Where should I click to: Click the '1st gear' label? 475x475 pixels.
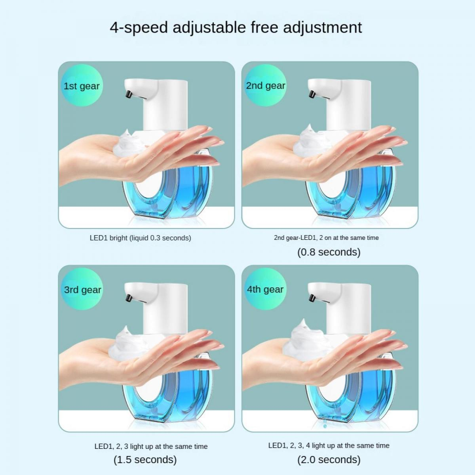pos(82,86)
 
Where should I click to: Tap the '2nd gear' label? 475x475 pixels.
pos(266,86)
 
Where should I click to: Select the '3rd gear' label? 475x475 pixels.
pos(83,290)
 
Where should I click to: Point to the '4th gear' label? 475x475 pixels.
pos(265,289)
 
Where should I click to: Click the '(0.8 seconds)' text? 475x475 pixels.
pos(329,252)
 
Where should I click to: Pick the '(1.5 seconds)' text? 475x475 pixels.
pos(145,460)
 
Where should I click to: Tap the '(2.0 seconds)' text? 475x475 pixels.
pos(329,460)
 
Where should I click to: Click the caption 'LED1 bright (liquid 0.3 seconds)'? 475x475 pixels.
pos(140,238)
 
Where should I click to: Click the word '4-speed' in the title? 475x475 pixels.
pos(139,28)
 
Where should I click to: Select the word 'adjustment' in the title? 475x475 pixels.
pos(323,27)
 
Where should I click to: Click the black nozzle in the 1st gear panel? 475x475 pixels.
pos(128,95)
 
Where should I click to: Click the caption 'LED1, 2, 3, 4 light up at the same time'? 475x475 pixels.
pos(329,445)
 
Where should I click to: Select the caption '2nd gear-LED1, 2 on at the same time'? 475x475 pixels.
pos(326,238)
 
